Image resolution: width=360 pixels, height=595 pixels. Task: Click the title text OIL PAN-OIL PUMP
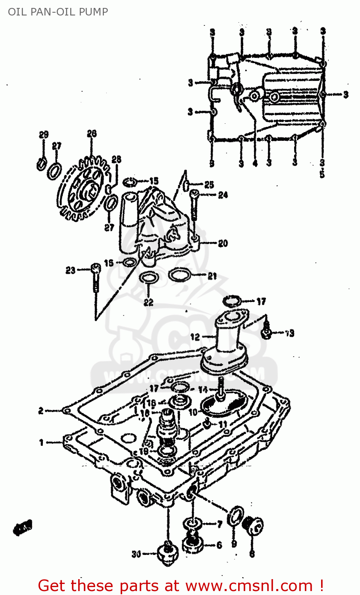point(58,12)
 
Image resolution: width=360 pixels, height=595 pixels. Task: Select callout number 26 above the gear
point(92,134)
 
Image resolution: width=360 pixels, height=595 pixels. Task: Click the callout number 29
point(44,135)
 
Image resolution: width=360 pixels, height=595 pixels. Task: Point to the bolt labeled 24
point(194,205)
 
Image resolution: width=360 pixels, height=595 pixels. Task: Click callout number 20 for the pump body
point(223,243)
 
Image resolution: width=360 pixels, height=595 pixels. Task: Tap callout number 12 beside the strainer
point(195,337)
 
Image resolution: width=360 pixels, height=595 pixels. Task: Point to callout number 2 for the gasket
point(41,411)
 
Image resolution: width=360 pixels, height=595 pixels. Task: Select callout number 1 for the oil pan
point(41,442)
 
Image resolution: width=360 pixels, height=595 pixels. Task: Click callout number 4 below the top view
point(255,163)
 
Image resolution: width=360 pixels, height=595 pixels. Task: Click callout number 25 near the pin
point(209,184)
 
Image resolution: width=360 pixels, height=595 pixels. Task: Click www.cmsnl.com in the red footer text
point(249,585)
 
